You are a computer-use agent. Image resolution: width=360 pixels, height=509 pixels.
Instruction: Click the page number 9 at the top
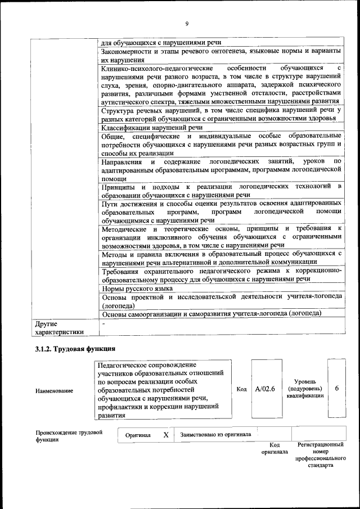click(186, 23)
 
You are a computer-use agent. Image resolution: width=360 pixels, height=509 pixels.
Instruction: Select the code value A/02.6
click(264, 388)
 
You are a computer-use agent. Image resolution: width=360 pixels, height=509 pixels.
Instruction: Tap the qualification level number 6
click(336, 388)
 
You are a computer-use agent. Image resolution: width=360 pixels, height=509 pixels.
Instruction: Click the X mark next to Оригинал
click(165, 435)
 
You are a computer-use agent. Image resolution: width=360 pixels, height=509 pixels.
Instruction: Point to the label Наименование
click(54, 390)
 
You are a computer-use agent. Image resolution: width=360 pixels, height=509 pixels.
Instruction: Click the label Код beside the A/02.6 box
click(241, 389)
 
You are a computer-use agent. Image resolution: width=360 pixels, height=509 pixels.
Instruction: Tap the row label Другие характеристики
click(60, 328)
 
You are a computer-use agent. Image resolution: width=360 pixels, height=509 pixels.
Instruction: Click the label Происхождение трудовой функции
click(69, 436)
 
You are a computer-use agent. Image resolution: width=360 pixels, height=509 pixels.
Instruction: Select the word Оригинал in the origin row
click(138, 435)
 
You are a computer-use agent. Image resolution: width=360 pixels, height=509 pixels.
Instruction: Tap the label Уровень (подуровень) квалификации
click(304, 388)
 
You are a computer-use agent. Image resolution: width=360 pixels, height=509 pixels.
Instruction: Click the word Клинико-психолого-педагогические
click(149, 68)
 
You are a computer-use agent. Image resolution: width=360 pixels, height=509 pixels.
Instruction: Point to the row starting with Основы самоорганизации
click(211, 313)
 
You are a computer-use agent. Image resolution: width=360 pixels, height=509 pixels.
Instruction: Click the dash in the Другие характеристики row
click(103, 325)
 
